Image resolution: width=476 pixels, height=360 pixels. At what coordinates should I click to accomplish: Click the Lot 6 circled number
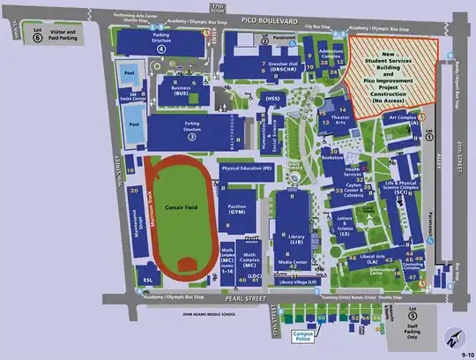tap(36, 40)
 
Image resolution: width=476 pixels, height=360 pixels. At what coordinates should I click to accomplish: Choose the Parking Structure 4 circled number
tap(161, 50)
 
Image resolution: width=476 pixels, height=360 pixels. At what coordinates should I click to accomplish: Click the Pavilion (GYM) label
tap(236, 209)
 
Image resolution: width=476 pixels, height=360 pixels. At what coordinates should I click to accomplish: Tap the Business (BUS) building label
tap(181, 89)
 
